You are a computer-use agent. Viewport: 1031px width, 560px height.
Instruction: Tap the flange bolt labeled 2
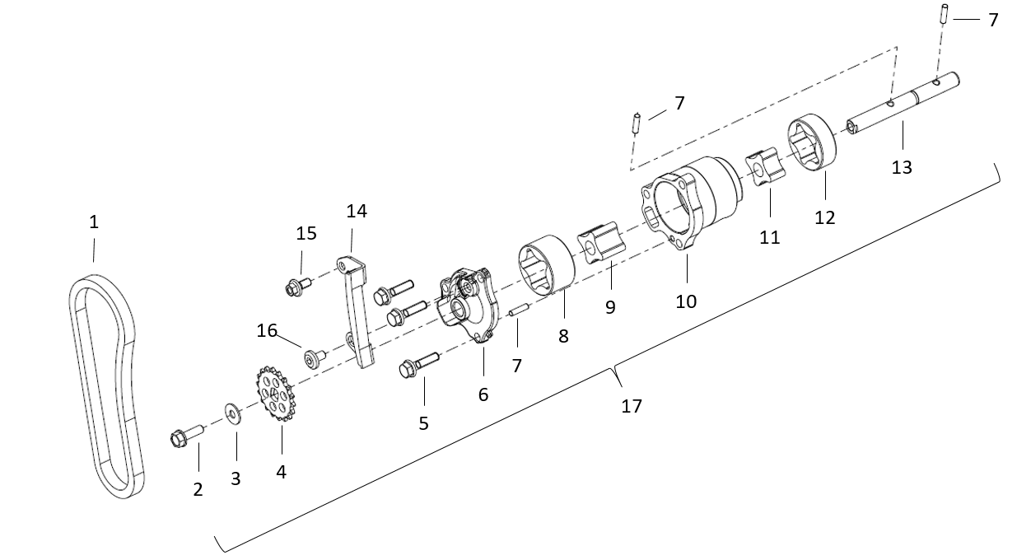coord(186,436)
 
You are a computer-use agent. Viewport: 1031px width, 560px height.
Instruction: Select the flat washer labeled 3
coord(233,414)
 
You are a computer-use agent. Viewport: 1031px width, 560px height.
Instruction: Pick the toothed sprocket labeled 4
coord(275,394)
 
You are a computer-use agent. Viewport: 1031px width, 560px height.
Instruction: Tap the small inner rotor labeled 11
coord(765,167)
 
